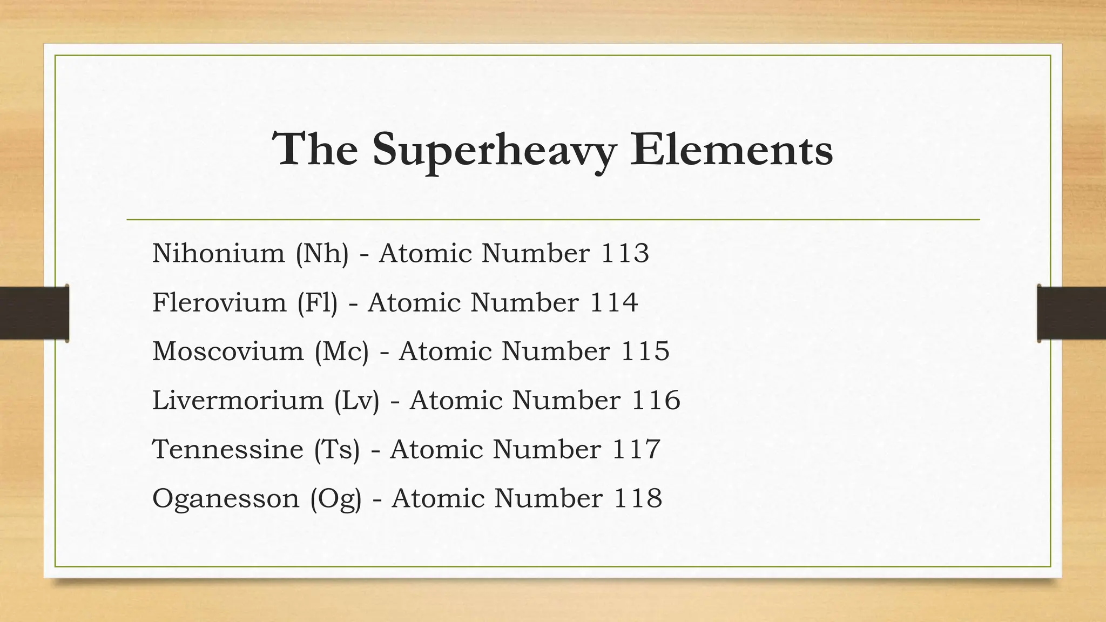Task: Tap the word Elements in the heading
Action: (x=731, y=149)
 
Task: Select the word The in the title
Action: (x=316, y=149)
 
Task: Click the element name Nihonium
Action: (x=218, y=253)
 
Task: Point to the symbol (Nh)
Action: (x=322, y=253)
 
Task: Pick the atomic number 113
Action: (x=625, y=253)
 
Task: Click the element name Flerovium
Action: (x=219, y=302)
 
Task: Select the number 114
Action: (x=614, y=302)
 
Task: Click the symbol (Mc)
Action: (x=342, y=351)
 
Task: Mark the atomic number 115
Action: (x=645, y=351)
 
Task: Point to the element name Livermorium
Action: (x=238, y=400)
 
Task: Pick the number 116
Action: (x=656, y=400)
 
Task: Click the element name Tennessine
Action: (x=228, y=449)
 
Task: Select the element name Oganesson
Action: (x=226, y=498)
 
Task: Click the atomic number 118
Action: (x=638, y=498)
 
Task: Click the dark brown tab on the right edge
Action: (x=1071, y=313)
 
